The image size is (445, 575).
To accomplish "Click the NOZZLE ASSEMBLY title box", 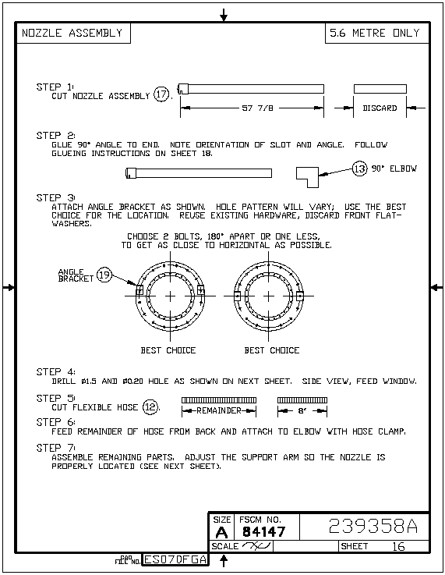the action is coord(73,33).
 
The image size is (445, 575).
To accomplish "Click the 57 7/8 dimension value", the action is coord(257,108).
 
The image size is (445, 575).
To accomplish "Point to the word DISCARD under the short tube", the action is coord(380,108).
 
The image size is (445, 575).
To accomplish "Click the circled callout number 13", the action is coord(359,169).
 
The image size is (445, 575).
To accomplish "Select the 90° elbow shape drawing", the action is coord(307,177).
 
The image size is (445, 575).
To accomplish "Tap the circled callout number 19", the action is coord(104,275).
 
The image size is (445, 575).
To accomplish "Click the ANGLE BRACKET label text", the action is coord(76,275).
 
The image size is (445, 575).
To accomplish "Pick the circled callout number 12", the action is coord(150,406).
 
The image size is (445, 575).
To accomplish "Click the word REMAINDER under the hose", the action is coord(219,410).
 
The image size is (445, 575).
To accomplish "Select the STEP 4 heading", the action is coord(55,372).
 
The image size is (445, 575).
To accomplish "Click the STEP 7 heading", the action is coord(55,448).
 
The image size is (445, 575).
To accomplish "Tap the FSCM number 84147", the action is coord(263,531).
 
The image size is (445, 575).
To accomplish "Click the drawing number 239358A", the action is coord(373,527).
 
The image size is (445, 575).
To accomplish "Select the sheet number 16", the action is coord(398,546).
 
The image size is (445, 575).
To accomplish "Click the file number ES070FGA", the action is coord(175,559).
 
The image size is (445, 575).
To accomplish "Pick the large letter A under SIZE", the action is coord(221,532).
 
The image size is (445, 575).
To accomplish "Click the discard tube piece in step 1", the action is coord(380,89).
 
